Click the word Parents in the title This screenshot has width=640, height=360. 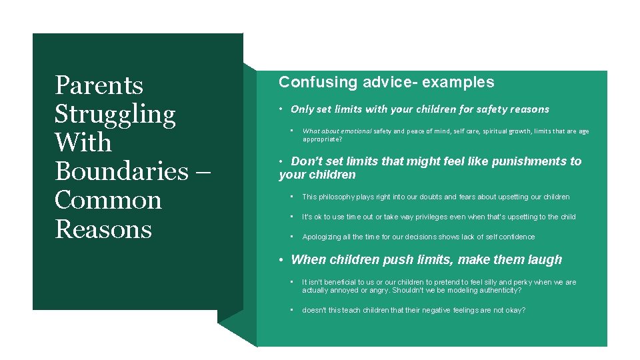coord(99,85)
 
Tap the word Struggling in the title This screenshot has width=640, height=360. coord(115,115)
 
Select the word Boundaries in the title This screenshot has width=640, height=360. coord(122,172)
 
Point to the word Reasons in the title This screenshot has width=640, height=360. coord(103,229)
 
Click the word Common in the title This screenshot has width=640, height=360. coord(108,201)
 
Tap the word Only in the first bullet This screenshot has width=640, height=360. coord(302,109)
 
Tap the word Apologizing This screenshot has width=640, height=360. coord(323,237)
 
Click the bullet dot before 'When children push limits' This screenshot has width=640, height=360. coord(283,260)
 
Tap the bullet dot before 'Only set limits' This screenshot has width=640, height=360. coord(283,109)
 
